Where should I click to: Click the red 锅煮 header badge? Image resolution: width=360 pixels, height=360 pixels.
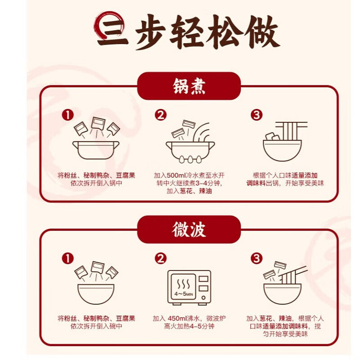point(189,86)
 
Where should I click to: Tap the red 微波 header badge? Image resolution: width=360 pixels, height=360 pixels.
point(189,229)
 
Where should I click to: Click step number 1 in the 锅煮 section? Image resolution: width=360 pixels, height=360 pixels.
point(68,115)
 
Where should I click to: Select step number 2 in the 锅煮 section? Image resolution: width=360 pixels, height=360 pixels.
point(161,115)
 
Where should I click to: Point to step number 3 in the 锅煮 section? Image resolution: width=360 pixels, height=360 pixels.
point(256,115)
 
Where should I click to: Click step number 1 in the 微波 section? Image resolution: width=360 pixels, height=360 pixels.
point(68,258)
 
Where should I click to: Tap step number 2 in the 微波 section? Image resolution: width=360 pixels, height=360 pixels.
point(161,258)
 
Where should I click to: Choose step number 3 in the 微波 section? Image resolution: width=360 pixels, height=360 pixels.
point(256,258)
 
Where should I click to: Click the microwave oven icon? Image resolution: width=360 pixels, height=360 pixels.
point(189,288)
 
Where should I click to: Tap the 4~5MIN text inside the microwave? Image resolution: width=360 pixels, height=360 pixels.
point(184,294)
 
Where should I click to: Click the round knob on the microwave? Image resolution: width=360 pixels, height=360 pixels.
point(203,298)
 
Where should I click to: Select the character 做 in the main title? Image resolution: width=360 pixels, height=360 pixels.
point(262,32)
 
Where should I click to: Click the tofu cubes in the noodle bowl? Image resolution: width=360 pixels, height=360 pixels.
point(273,136)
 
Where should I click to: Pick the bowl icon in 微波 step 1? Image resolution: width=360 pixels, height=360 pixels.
point(96,294)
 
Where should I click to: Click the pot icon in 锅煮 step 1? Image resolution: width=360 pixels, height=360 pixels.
point(96,150)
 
